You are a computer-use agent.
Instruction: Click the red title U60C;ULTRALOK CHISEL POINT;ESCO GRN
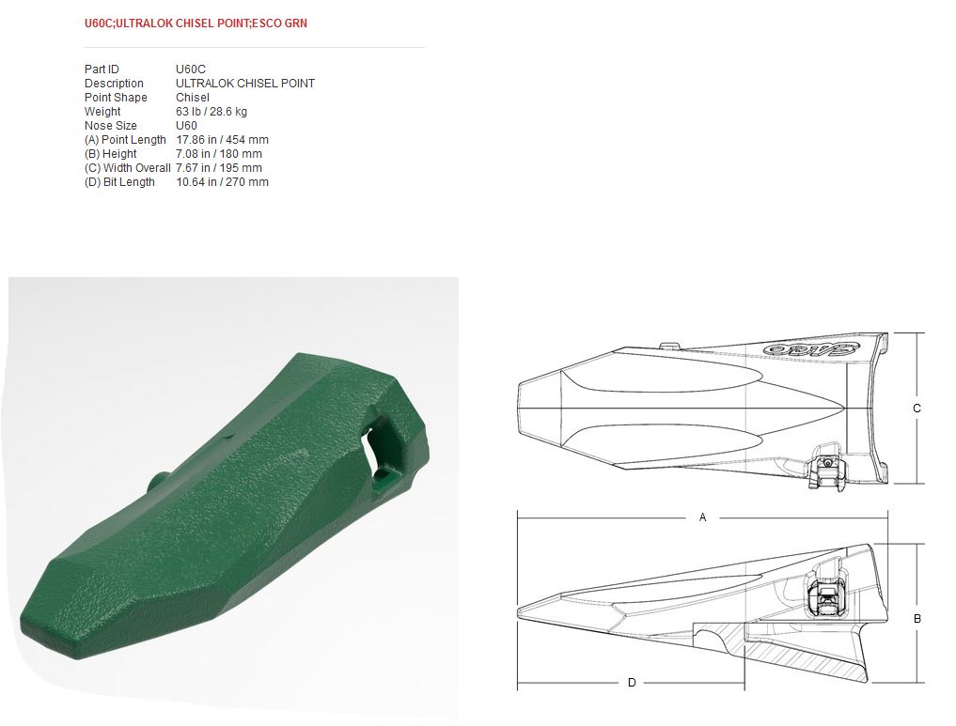[196, 23]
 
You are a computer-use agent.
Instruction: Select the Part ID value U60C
[190, 70]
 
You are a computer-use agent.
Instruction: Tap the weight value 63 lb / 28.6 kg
[211, 112]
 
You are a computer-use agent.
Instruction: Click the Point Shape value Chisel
[192, 98]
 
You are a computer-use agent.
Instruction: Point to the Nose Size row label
[110, 126]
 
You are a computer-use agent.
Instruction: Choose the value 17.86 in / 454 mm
[222, 140]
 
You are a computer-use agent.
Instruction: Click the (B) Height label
[110, 154]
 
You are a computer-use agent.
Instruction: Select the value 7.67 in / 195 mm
[218, 168]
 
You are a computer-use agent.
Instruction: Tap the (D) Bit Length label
[119, 182]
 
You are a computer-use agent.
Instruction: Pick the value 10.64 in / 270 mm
[222, 182]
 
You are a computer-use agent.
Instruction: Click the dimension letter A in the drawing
[702, 517]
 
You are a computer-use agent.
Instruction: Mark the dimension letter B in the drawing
[917, 619]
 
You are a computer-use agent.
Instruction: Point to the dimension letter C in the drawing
[917, 409]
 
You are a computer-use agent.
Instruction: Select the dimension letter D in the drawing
[632, 683]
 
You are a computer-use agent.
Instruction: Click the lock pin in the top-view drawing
[825, 469]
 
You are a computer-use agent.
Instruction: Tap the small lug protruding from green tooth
[156, 478]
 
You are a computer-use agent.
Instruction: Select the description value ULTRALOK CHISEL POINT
[244, 84]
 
